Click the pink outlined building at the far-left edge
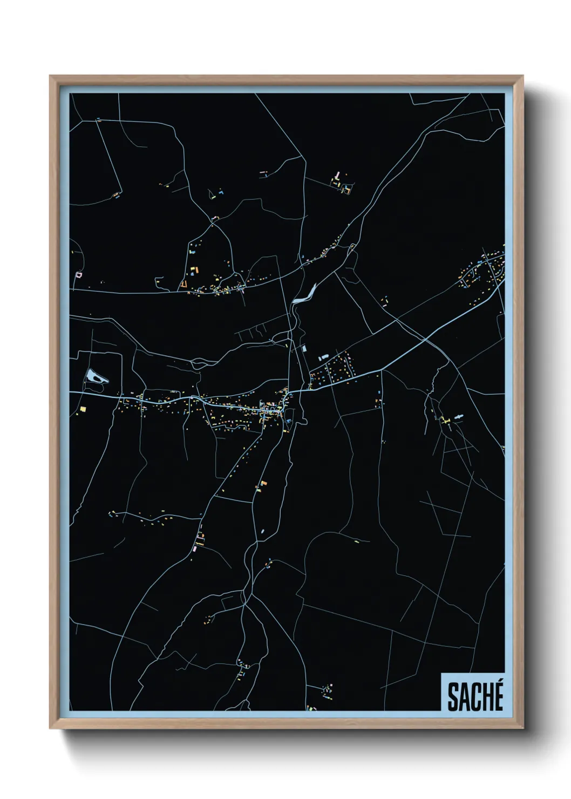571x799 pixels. point(79,275)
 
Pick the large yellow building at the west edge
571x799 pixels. point(84,409)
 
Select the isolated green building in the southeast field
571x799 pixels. point(357,540)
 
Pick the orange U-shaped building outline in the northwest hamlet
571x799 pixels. point(185,283)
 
